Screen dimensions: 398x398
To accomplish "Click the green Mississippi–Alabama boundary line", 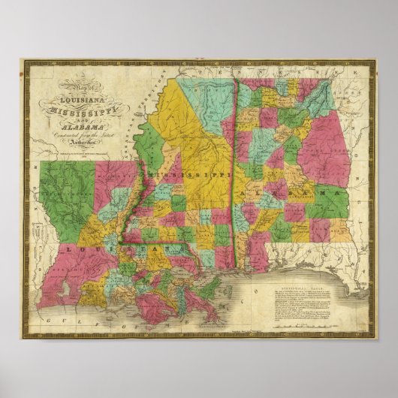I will point(235,180).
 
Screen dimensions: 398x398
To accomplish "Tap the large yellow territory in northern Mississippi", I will point(195,128).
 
